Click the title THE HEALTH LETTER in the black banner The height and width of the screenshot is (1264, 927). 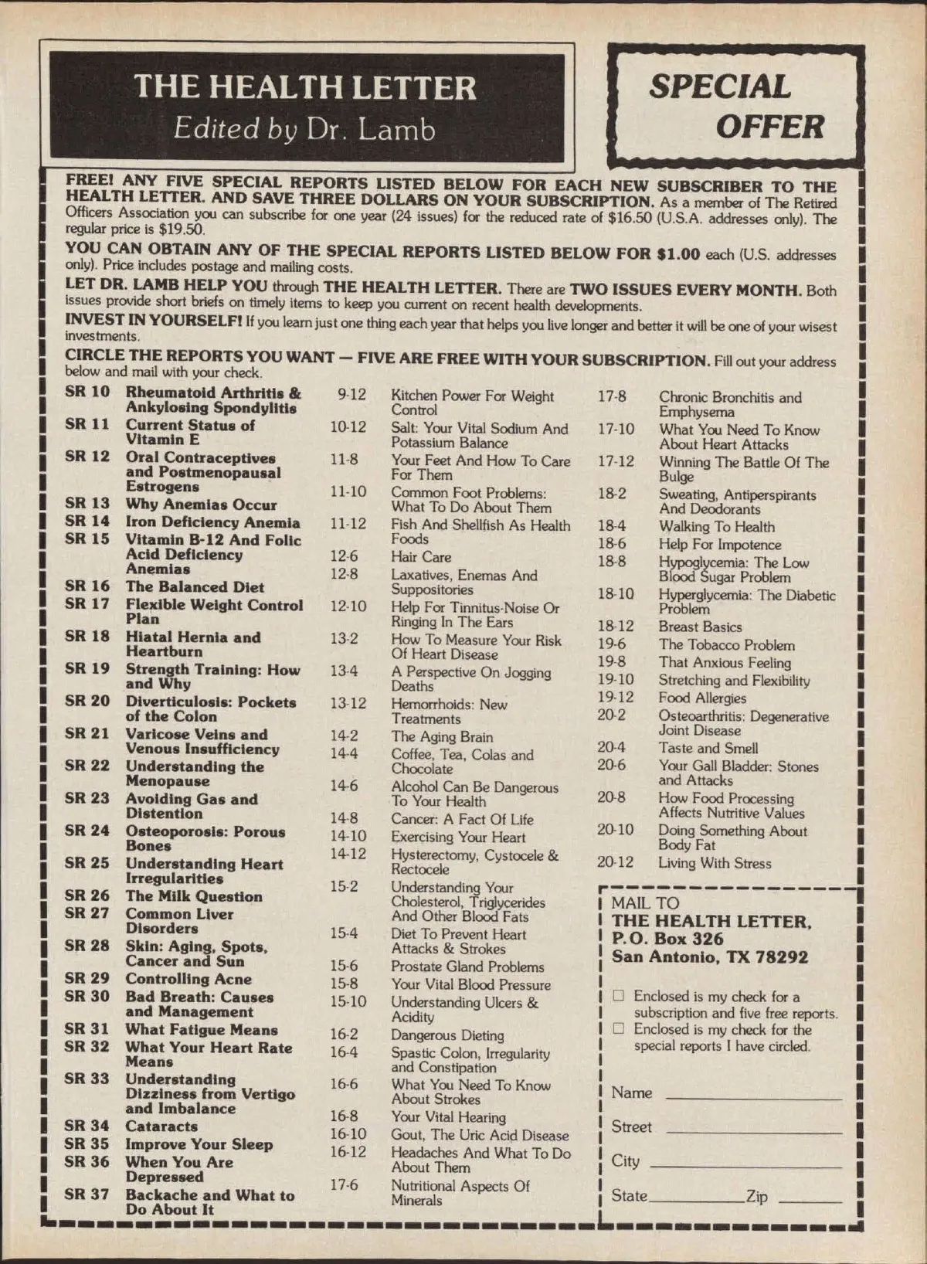305,87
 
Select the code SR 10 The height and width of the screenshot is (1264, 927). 87,392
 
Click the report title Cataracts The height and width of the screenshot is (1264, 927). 161,1126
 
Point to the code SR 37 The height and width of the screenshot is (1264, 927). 87,1194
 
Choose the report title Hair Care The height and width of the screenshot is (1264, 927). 421,557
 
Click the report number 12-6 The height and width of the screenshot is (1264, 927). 344,556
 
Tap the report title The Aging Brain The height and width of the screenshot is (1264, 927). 442,737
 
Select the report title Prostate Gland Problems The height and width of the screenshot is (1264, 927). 467,967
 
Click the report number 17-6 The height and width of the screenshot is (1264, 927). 344,1184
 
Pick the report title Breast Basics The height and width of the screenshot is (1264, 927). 700,627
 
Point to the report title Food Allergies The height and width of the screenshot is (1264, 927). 702,698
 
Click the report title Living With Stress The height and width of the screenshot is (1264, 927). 715,863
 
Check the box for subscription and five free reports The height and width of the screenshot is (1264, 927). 618,995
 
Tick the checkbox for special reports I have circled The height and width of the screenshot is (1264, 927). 618,1028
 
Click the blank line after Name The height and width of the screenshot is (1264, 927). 753,1097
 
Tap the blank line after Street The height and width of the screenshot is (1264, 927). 753,1131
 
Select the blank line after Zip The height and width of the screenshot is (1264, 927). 810,1201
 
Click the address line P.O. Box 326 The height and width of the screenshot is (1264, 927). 667,939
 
